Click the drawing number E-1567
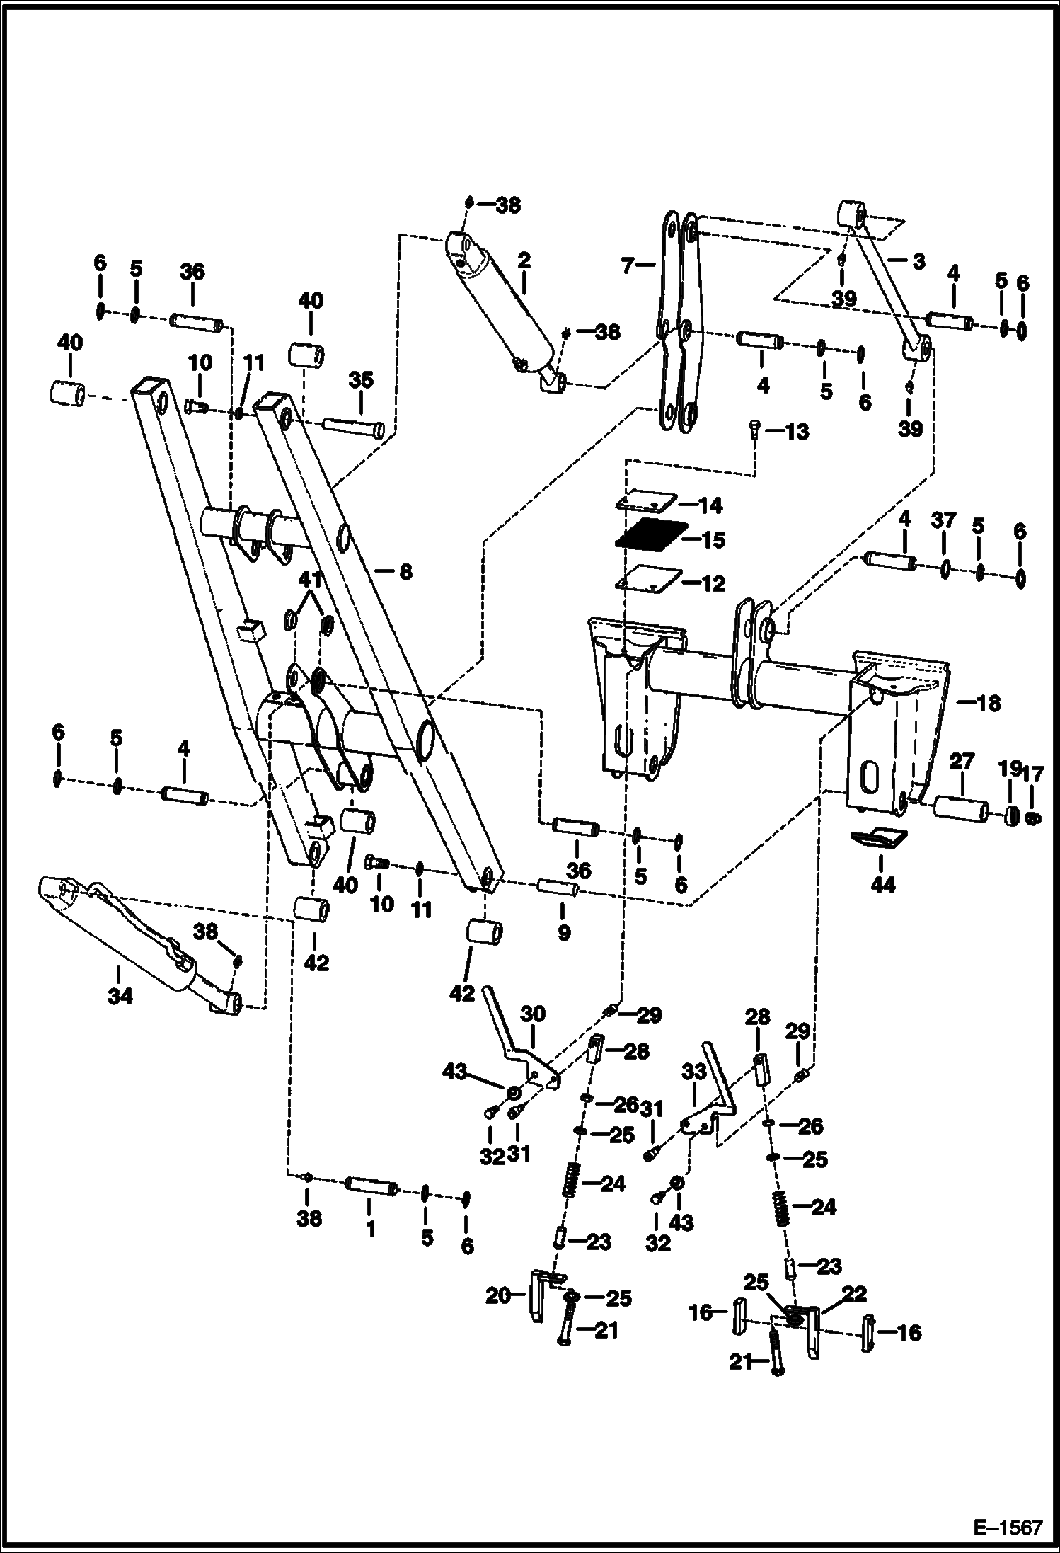[x=1008, y=1528]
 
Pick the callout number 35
[x=361, y=380]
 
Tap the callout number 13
[x=797, y=432]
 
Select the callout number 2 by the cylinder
[x=523, y=260]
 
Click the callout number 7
[x=628, y=266]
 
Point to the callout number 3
[x=918, y=262]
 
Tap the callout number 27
[x=962, y=762]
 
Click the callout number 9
[x=563, y=932]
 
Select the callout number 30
[x=532, y=1013]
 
